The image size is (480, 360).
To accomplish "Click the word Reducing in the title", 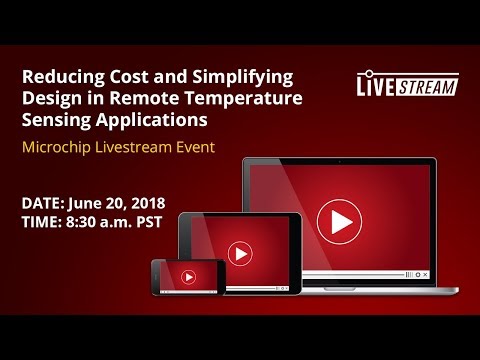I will click(60, 77).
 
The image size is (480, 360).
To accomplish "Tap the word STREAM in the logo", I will click(428, 86).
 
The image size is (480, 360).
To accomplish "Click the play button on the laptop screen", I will click(339, 221).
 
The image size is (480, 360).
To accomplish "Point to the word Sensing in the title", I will click(54, 120).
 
